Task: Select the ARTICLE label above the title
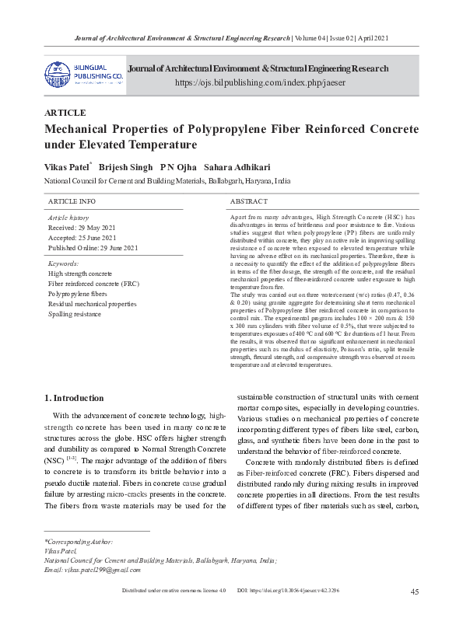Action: pyautogui.click(x=65, y=113)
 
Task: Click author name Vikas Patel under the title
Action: pyautogui.click(x=68, y=166)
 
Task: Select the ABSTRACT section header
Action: pyautogui.click(x=249, y=201)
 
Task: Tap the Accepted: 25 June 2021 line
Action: pyautogui.click(x=82, y=238)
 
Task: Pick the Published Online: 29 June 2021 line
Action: pyautogui.click(x=93, y=248)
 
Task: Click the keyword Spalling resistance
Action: pyautogui.click(x=75, y=315)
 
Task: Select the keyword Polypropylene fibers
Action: pyautogui.click(x=78, y=295)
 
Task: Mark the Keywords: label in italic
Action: pyautogui.click(x=64, y=264)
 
